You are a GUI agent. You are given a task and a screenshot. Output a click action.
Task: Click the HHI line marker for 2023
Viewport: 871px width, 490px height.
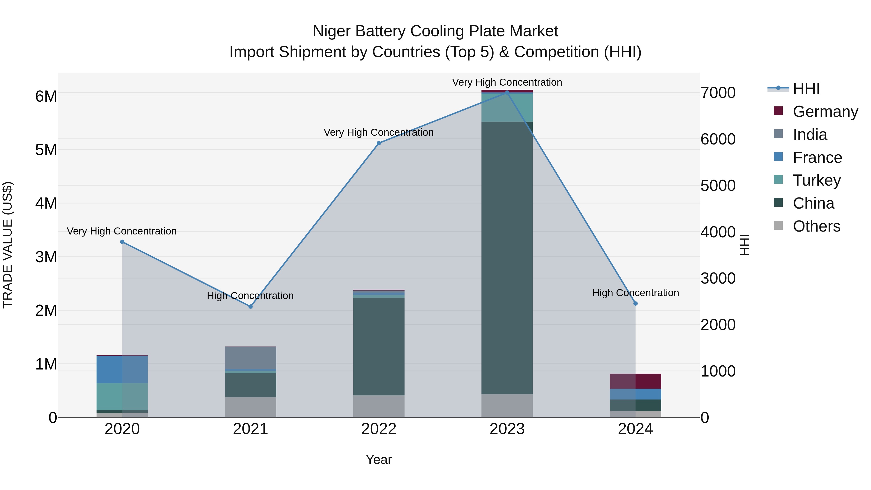pyautogui.click(x=507, y=92)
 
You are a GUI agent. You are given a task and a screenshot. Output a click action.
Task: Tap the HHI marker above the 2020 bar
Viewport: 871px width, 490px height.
pyautogui.click(x=122, y=242)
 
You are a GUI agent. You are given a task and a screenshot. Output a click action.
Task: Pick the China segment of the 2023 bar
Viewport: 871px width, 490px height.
pyautogui.click(x=507, y=257)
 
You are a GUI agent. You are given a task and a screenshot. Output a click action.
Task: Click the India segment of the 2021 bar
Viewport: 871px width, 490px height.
pyautogui.click(x=251, y=357)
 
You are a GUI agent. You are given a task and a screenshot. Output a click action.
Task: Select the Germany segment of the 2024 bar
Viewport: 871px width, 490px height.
pyautogui.click(x=635, y=381)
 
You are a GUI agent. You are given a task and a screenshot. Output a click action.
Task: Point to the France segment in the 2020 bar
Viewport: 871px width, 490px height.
pyautogui.click(x=122, y=369)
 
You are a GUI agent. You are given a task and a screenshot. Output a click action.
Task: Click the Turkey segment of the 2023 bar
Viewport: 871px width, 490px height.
pyautogui.click(x=507, y=107)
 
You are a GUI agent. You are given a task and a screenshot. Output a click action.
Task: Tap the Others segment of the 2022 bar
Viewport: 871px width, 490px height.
pyautogui.click(x=379, y=406)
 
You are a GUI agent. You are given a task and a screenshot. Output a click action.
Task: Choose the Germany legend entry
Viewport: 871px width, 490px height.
pyautogui.click(x=825, y=112)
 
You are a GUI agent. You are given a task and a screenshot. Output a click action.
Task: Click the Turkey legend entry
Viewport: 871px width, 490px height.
pyautogui.click(x=816, y=180)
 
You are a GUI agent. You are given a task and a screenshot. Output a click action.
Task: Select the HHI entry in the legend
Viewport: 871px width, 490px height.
pyautogui.click(x=806, y=89)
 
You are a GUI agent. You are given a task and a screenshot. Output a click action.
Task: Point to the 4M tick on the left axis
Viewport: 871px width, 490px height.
pyautogui.click(x=46, y=204)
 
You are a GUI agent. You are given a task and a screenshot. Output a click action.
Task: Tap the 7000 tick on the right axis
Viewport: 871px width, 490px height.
pyautogui.click(x=718, y=93)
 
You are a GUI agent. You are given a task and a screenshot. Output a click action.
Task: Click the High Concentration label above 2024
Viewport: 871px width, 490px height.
pyautogui.click(x=635, y=293)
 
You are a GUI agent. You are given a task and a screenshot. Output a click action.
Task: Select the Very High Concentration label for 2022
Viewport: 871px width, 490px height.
pyautogui.click(x=379, y=132)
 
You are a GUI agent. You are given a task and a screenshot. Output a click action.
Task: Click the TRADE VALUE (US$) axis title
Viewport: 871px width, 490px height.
pyautogui.click(x=8, y=245)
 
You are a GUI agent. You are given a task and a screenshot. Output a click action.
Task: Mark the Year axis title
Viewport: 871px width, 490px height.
pyautogui.click(x=379, y=460)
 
